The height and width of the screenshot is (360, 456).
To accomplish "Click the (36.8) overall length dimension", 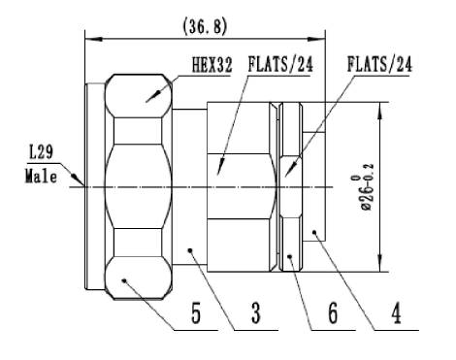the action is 205,26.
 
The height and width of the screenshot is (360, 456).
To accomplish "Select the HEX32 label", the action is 212,65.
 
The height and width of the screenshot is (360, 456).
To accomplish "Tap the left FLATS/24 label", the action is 280,64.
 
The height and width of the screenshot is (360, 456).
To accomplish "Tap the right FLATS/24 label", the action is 379,64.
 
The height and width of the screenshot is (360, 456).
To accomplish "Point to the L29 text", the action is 41,152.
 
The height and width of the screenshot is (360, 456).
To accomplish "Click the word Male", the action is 41,177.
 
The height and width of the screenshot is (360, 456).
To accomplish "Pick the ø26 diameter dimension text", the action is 367,187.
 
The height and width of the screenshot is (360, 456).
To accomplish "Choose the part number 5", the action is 196,312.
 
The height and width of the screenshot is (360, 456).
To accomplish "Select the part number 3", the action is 255,312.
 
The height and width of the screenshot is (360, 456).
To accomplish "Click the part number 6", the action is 333,312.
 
